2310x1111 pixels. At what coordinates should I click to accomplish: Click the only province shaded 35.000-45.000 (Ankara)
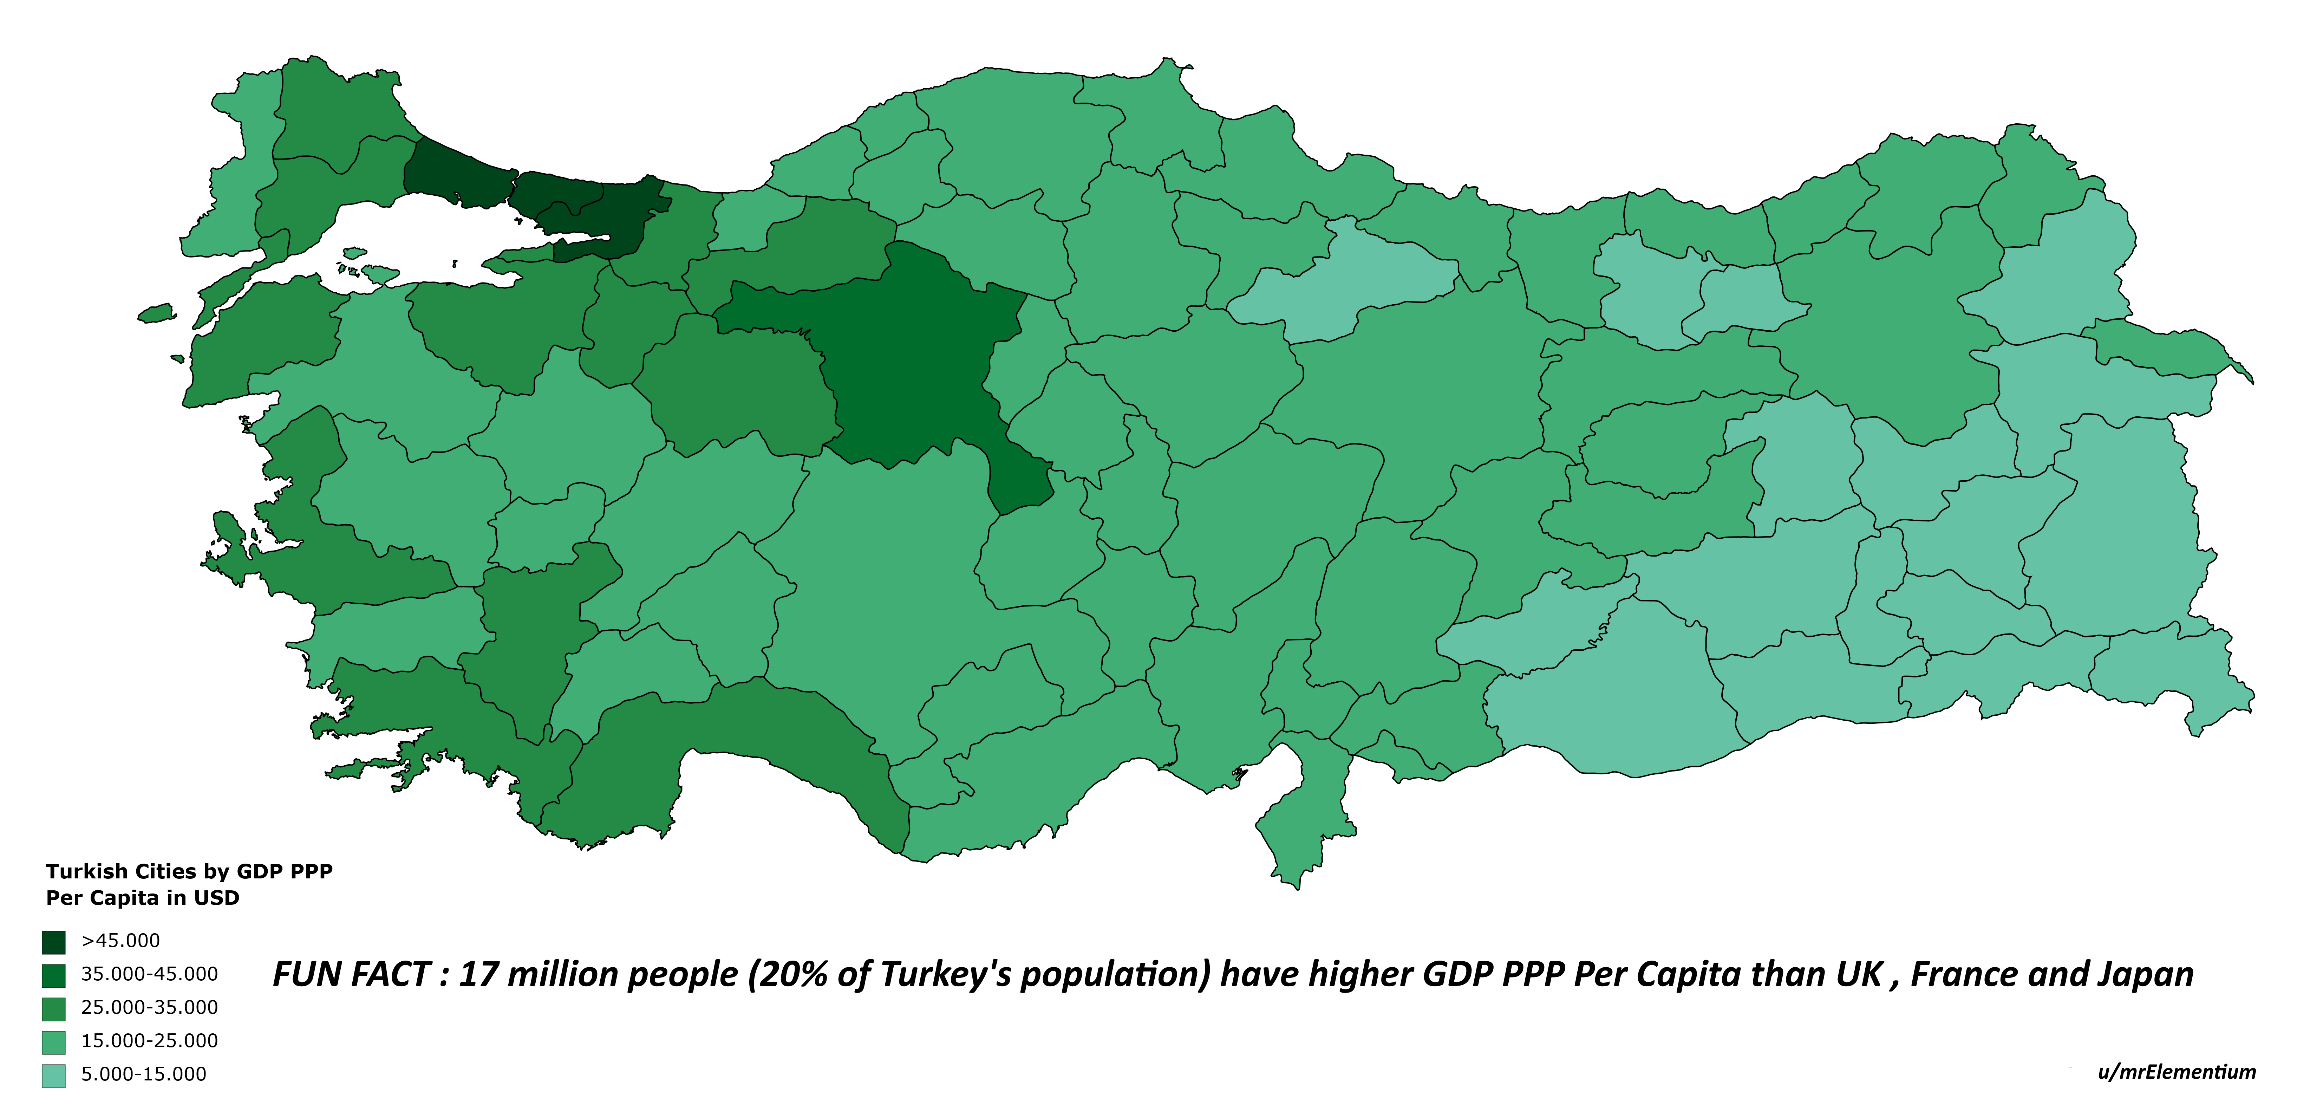(x=906, y=359)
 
